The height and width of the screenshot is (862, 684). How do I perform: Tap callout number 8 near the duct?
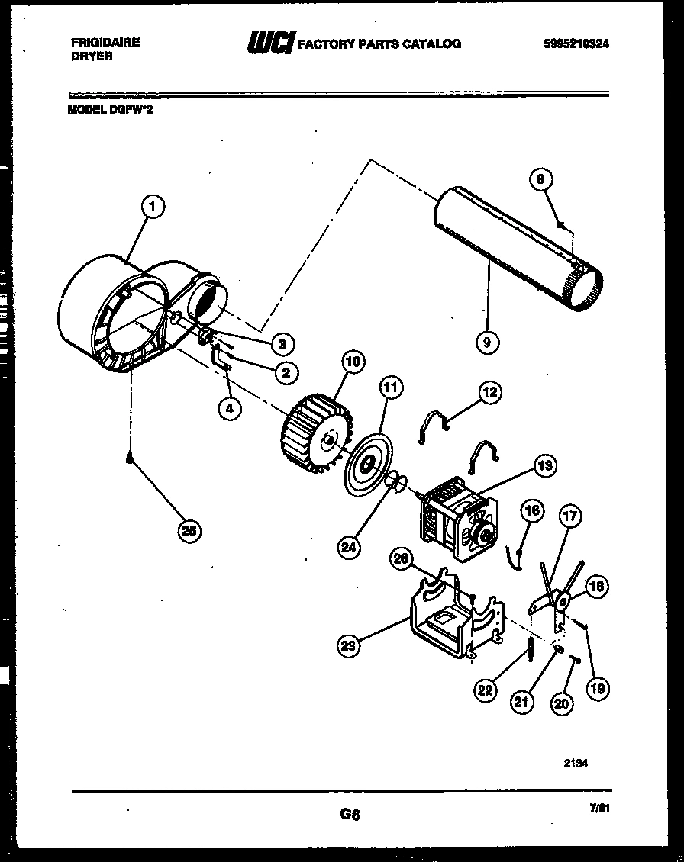tap(540, 180)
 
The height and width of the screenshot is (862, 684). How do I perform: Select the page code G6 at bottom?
tap(350, 814)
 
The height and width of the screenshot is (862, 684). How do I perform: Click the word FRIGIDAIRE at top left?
tap(104, 43)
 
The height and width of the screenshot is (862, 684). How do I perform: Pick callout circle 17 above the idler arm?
tap(569, 516)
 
